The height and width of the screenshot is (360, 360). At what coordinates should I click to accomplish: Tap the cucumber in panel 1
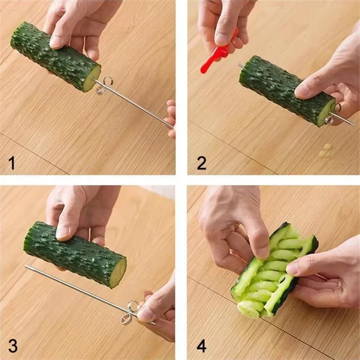coord(54,56)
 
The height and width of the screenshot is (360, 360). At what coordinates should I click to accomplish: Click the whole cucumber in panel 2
coord(283,88)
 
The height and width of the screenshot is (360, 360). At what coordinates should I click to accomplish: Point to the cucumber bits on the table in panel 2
coord(325,151)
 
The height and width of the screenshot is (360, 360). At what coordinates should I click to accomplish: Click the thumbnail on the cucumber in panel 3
coord(62,232)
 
